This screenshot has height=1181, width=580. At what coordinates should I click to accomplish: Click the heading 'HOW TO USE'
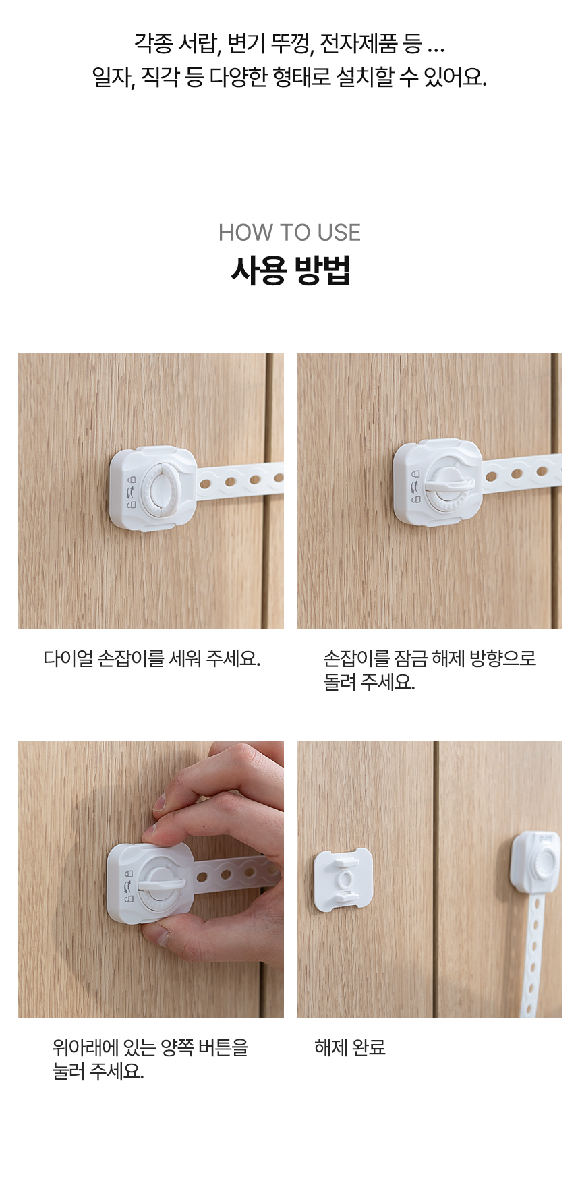pyautogui.click(x=289, y=233)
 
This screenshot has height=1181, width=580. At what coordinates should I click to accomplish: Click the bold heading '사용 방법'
pyautogui.click(x=290, y=270)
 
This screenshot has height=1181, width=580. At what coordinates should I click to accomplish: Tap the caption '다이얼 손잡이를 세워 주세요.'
pyautogui.click(x=152, y=658)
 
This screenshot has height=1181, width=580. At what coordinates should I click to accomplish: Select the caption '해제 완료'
pyautogui.click(x=350, y=1047)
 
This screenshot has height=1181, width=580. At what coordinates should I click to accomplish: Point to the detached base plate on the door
pyautogui.click(x=343, y=880)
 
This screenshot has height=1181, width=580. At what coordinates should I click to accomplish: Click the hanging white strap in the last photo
pyautogui.click(x=533, y=958)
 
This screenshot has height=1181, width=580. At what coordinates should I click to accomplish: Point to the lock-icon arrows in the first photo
pyautogui.click(x=130, y=491)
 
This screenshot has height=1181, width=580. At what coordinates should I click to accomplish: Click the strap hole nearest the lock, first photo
pyautogui.click(x=206, y=483)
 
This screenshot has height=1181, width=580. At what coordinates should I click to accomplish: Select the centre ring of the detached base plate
pyautogui.click(x=345, y=880)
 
